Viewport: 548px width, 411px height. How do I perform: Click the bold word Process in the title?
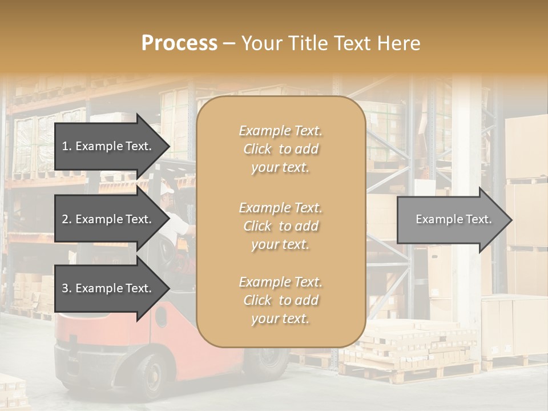tap(179, 43)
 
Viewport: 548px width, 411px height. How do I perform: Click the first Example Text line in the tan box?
tap(280, 131)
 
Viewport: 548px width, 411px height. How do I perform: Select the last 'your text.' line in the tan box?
tap(280, 319)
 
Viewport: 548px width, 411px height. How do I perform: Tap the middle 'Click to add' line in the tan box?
tap(280, 226)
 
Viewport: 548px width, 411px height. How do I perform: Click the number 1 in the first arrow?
tap(65, 146)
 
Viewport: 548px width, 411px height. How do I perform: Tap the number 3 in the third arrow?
tap(65, 289)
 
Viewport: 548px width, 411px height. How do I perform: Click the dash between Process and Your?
tap(229, 43)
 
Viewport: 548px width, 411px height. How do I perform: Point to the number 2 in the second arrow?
tap(65, 219)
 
